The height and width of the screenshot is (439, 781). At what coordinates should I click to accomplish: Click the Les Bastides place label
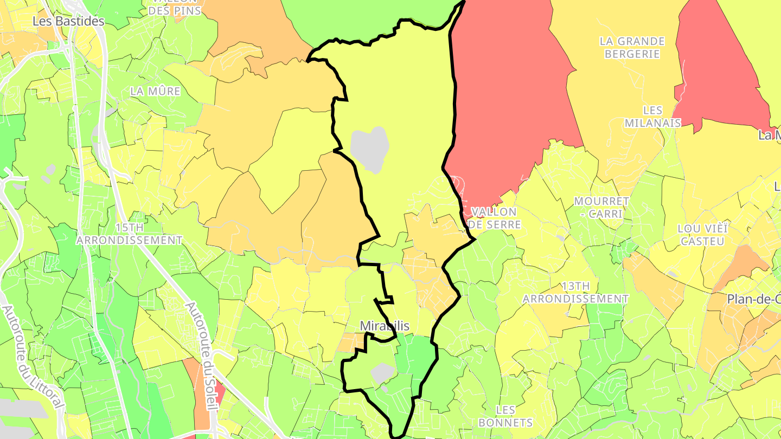point(68,21)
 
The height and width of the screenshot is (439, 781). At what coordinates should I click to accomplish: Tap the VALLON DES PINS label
point(175,7)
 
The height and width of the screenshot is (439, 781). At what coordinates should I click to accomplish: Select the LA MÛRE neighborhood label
point(155,92)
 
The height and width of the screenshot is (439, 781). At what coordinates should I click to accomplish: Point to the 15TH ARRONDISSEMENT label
point(130,234)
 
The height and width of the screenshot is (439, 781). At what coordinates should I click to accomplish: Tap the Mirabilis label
point(385,326)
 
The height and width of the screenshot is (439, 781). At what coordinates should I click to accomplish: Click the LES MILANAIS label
point(652,117)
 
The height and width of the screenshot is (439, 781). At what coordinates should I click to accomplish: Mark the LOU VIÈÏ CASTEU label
point(702,235)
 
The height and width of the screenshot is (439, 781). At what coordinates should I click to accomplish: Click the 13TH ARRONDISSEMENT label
point(575,292)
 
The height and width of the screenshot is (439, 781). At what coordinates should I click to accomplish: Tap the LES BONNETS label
point(506,416)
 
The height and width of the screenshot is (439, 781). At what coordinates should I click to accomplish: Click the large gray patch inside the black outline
point(370,149)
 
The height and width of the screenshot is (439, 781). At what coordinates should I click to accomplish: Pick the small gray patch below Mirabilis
point(383,372)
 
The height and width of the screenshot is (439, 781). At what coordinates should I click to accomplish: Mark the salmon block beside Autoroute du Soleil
point(196,390)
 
